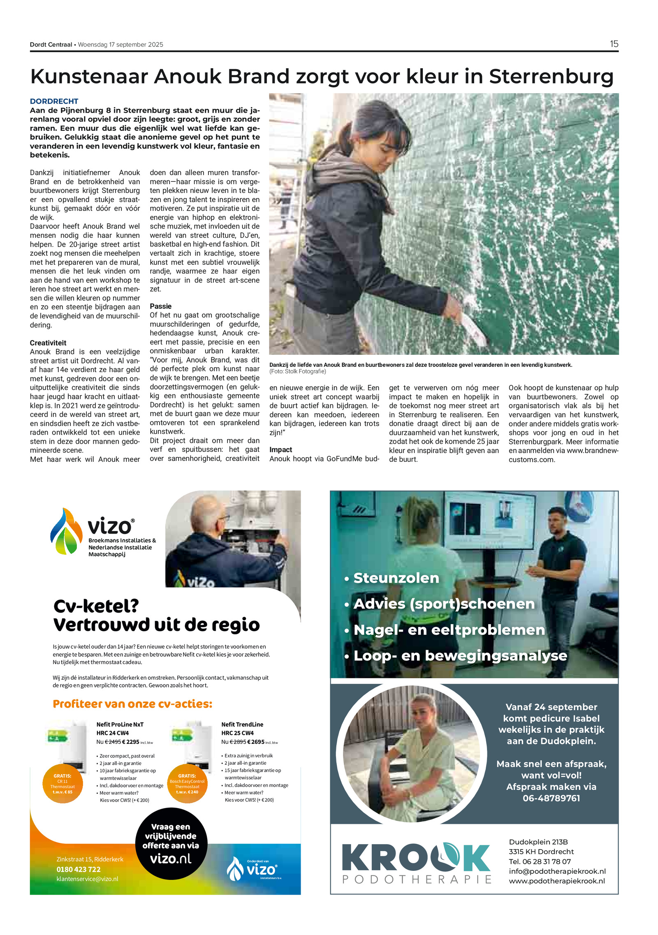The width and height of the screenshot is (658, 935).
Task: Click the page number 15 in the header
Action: [x=614, y=44]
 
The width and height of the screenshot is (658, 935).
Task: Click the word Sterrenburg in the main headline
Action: [x=551, y=76]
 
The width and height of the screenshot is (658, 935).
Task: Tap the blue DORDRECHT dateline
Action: [x=54, y=101]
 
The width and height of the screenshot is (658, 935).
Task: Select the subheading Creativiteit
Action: [x=48, y=343]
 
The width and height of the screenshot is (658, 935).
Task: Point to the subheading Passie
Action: [x=161, y=306]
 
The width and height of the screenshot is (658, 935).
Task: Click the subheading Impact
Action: [x=281, y=450]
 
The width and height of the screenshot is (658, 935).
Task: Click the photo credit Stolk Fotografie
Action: [x=304, y=372]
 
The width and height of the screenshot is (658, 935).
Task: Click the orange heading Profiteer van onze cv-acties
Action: [x=132, y=704]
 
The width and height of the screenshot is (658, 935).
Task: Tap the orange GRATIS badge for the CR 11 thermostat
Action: [x=63, y=783]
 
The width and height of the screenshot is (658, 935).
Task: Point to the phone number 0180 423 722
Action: [x=79, y=869]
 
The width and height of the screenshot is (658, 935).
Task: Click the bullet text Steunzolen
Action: [x=396, y=578]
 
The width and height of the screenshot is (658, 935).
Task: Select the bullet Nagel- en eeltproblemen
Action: [x=449, y=630]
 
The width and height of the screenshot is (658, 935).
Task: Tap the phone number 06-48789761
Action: [x=551, y=798]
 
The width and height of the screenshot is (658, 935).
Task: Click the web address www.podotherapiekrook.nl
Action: [x=557, y=881]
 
